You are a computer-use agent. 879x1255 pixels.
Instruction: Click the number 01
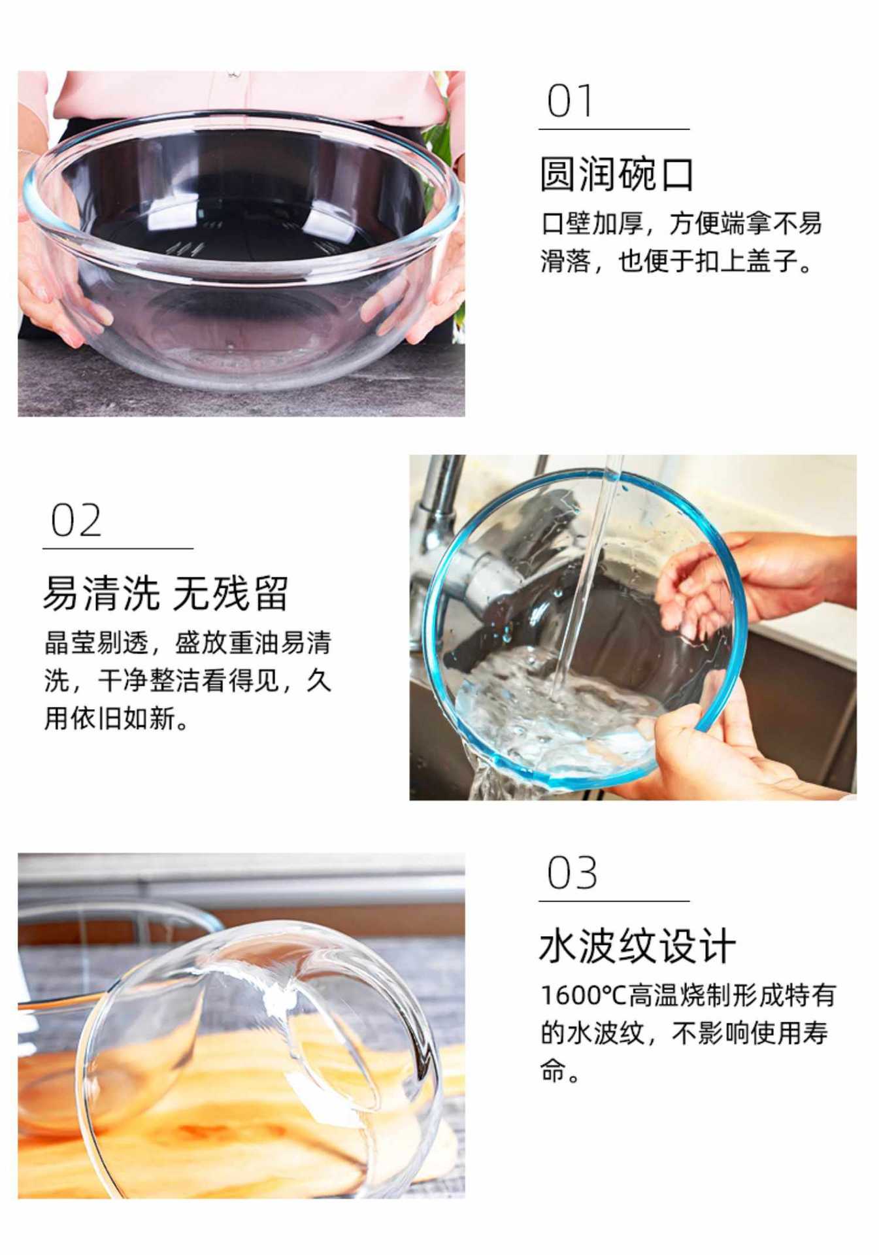click(570, 101)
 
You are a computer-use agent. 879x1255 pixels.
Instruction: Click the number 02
click(76, 520)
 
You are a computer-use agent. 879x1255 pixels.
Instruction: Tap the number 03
click(572, 873)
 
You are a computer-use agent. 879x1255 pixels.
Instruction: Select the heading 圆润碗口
click(616, 174)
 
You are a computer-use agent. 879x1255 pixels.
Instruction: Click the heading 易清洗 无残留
click(165, 593)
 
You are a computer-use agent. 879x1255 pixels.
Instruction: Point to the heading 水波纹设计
click(637, 946)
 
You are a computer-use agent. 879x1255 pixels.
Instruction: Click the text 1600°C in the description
click(583, 996)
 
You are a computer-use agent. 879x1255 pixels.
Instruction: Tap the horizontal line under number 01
click(614, 129)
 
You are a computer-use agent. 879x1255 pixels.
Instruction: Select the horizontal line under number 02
click(118, 548)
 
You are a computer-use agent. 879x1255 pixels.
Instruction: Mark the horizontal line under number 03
click(614, 901)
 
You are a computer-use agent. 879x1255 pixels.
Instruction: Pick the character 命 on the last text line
click(552, 1071)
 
